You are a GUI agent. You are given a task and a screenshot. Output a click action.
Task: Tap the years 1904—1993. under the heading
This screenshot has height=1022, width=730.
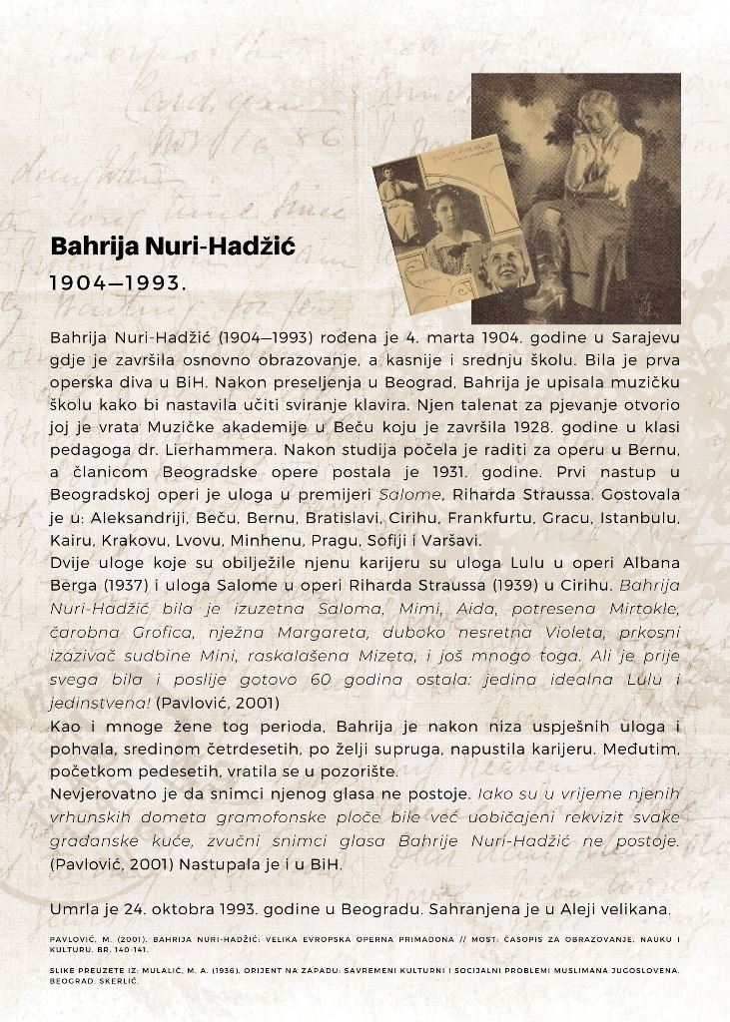(118, 283)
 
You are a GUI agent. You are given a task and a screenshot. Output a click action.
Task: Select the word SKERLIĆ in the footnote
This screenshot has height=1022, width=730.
(120, 980)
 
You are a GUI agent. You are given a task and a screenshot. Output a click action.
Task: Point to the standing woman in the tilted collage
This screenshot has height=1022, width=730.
(398, 205)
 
